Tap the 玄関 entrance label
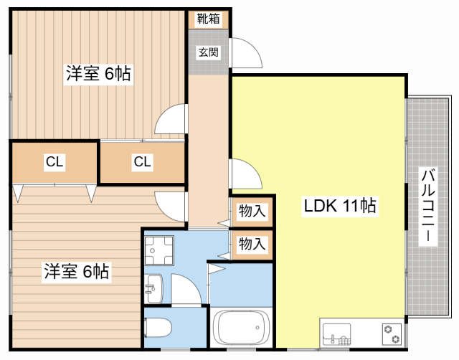[x=209, y=52]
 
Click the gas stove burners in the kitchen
[x=392, y=331]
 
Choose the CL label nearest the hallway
[x=142, y=162]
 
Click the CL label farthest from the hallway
[x=55, y=162]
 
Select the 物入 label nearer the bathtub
[x=252, y=243]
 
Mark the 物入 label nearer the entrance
[x=252, y=212]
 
